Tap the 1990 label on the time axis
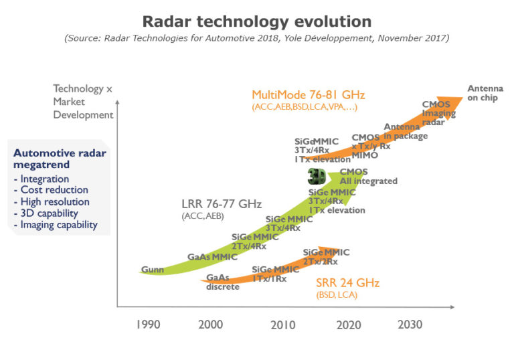(148, 325)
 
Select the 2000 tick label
(211, 325)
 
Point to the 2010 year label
(282, 325)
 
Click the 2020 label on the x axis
(348, 325)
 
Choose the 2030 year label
(410, 325)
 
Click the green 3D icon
(317, 177)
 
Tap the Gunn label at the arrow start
(152, 270)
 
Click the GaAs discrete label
(222, 282)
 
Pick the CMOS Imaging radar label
(439, 113)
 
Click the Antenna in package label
(405, 131)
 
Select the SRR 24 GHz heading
(345, 282)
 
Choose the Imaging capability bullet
(59, 225)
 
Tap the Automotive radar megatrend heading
(60, 159)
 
